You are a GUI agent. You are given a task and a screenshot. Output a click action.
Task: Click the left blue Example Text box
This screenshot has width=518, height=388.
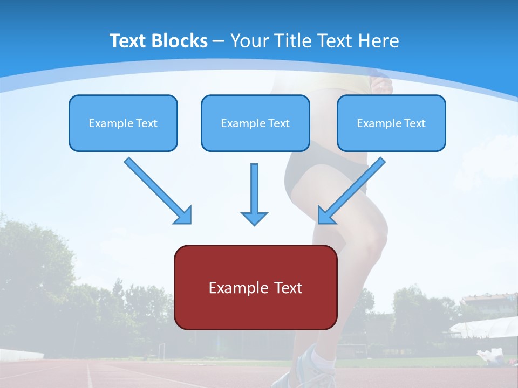[123, 123]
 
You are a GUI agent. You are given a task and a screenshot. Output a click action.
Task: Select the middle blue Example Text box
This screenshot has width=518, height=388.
[255, 123]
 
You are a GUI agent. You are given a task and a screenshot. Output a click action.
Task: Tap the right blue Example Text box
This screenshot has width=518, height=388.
[391, 123]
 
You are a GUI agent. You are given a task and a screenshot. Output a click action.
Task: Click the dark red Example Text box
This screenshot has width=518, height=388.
[255, 287]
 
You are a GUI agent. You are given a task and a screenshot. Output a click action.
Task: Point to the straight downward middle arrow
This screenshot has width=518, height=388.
[254, 189]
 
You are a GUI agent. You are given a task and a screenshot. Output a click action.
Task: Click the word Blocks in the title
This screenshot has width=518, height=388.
[180, 41]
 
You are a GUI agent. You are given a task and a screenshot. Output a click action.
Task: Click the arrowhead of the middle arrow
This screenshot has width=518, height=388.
[254, 218]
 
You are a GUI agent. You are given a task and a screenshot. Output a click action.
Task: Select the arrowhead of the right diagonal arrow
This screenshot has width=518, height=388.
[325, 216]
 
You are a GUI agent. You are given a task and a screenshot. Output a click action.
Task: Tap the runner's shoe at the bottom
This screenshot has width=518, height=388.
[310, 372]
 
